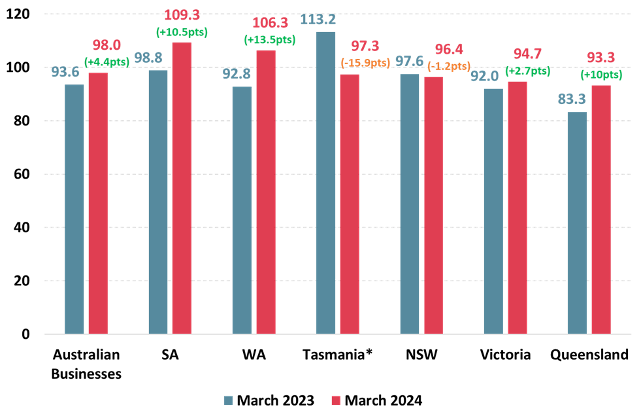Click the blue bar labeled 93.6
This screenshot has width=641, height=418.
point(74,209)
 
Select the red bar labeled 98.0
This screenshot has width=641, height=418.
point(98,203)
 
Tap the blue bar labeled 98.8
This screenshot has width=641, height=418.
point(158,202)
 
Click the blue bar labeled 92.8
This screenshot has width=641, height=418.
point(242,210)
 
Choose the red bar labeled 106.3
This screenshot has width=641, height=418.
point(266,192)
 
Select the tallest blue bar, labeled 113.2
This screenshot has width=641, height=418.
point(325,183)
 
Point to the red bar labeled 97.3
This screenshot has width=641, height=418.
point(350,204)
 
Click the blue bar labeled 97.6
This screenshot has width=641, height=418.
point(410,204)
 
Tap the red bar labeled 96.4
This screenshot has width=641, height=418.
point(433,205)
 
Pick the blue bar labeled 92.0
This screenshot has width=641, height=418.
point(493,211)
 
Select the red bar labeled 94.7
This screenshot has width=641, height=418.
point(518,207)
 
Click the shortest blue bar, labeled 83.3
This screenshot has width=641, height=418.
point(577,223)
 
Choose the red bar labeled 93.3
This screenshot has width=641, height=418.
point(601,209)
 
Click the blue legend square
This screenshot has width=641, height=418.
point(228,400)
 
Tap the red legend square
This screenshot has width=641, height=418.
point(336,400)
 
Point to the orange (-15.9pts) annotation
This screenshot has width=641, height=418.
point(365,63)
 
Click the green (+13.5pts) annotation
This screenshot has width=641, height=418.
point(269,40)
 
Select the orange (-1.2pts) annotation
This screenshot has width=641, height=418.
point(449,66)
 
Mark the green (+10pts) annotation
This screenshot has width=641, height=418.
point(601,75)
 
